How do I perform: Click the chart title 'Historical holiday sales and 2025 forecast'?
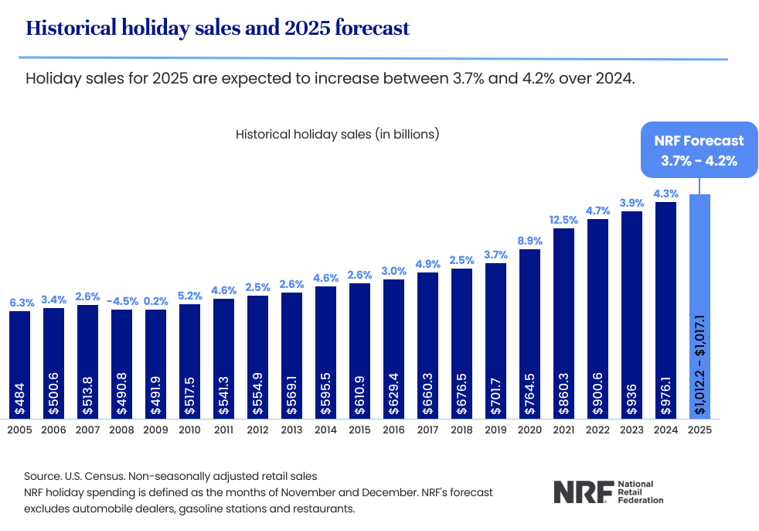click(x=217, y=29)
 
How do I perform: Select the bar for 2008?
click(x=121, y=364)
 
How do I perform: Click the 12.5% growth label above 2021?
click(x=563, y=220)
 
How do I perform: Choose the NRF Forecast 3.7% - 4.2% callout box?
click(x=699, y=151)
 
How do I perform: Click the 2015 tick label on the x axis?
click(x=359, y=430)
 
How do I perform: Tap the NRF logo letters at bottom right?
click(x=582, y=492)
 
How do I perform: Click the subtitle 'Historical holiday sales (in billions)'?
click(x=337, y=134)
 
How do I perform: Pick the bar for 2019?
click(x=495, y=341)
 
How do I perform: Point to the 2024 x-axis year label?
click(x=665, y=430)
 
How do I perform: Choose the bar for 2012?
click(x=257, y=356)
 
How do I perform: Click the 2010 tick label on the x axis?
click(x=189, y=430)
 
